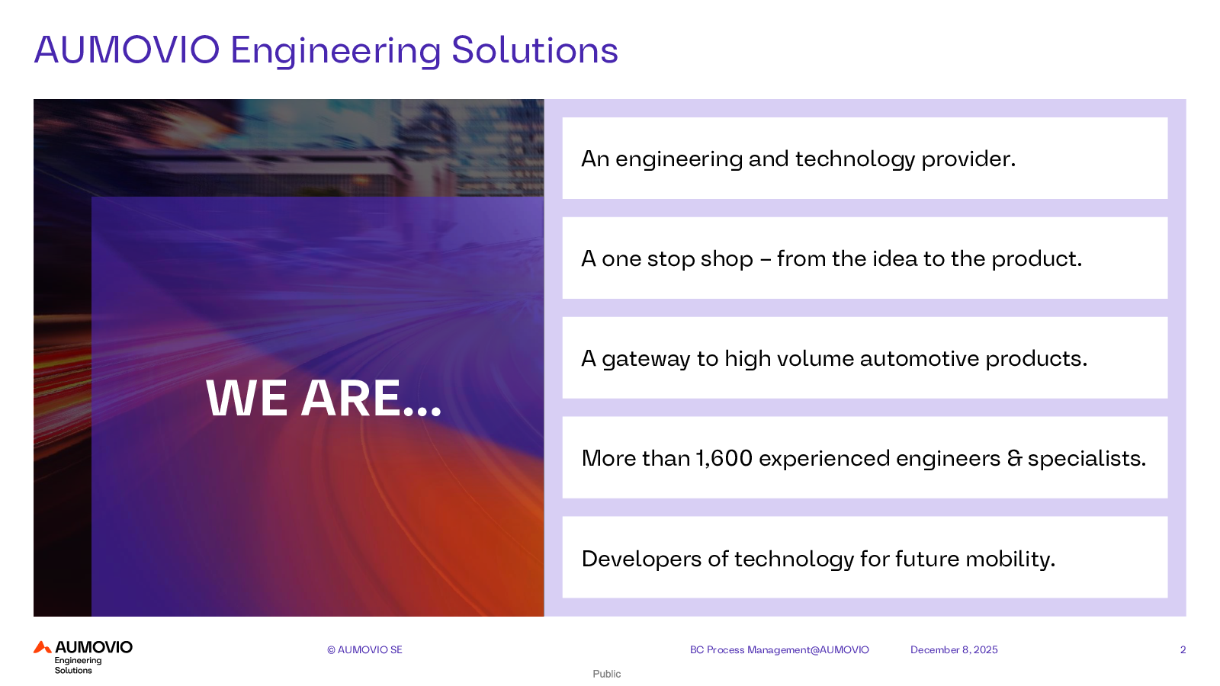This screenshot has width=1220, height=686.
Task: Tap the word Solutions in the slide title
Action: (535, 50)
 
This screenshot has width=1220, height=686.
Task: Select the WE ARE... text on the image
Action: (323, 399)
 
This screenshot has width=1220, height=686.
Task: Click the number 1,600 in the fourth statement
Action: (724, 458)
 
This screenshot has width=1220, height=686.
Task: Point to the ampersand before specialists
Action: (1014, 458)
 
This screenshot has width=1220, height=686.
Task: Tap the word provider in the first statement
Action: (968, 159)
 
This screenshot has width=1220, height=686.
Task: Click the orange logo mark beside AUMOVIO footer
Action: (43, 647)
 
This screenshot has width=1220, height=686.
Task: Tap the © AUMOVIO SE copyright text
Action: (364, 649)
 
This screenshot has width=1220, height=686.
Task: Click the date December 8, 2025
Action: (954, 649)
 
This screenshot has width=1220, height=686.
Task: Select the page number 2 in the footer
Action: (1183, 649)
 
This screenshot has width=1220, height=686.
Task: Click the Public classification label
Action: (607, 674)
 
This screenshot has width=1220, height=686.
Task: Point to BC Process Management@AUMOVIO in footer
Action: (779, 649)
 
